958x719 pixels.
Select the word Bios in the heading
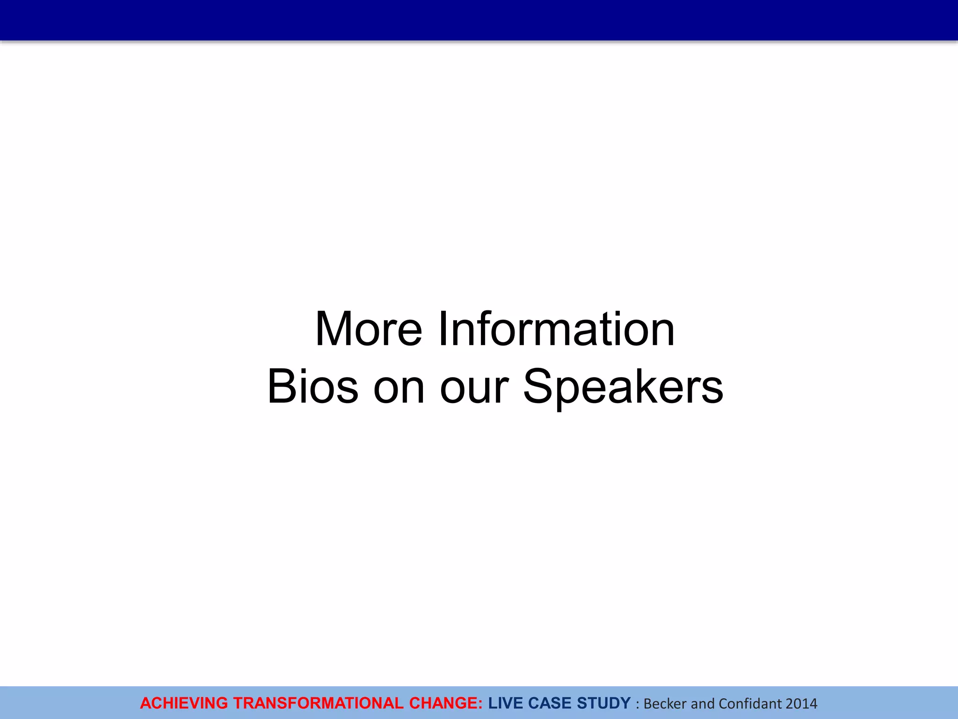[312, 387]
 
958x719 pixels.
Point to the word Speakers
[623, 387]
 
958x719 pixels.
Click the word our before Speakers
[474, 387]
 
